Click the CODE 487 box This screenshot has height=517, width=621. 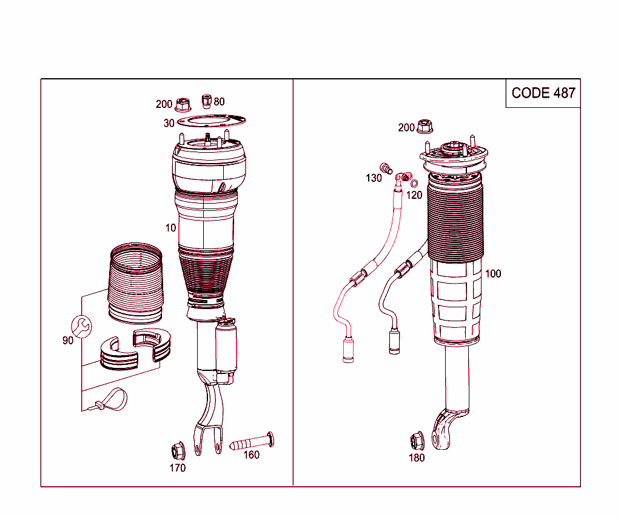(x=543, y=93)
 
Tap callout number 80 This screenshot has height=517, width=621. (x=219, y=101)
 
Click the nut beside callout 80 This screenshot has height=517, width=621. (x=206, y=99)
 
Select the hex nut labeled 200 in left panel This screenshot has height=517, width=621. (x=181, y=105)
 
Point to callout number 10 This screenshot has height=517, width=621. (x=171, y=228)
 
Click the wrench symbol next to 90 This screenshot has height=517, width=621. (x=82, y=326)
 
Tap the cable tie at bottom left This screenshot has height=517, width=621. (x=112, y=400)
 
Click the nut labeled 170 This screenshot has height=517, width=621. (x=177, y=450)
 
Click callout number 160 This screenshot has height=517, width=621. (x=251, y=455)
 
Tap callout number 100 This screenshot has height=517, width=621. (x=493, y=274)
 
